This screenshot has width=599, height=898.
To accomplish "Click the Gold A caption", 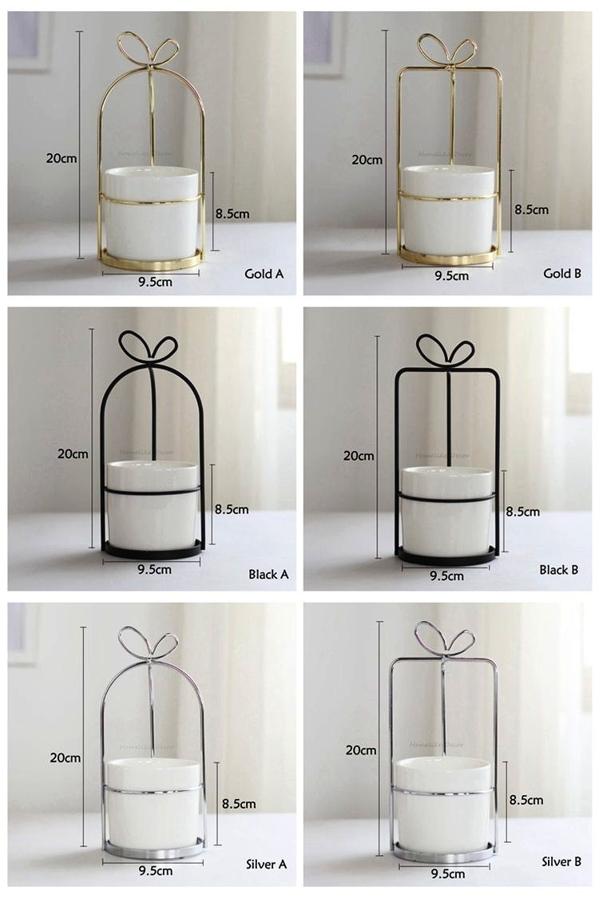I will [x=264, y=274].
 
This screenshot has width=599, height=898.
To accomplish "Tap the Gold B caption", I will [x=562, y=274].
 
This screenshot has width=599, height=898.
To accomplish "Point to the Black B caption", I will [x=559, y=570].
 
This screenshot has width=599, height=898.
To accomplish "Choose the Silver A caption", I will [x=266, y=864].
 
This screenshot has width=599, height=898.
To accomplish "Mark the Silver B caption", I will [x=561, y=861].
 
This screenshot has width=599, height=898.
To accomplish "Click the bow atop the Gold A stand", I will [x=149, y=49].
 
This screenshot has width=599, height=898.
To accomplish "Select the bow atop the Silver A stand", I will [x=148, y=643].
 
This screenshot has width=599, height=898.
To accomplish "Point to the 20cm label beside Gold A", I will [x=61, y=158].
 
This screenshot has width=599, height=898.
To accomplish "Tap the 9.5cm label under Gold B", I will [x=451, y=275].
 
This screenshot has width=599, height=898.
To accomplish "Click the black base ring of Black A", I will [x=153, y=551].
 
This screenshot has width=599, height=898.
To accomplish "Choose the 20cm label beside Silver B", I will [x=361, y=750].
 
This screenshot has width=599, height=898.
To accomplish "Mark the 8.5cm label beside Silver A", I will [x=239, y=804].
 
